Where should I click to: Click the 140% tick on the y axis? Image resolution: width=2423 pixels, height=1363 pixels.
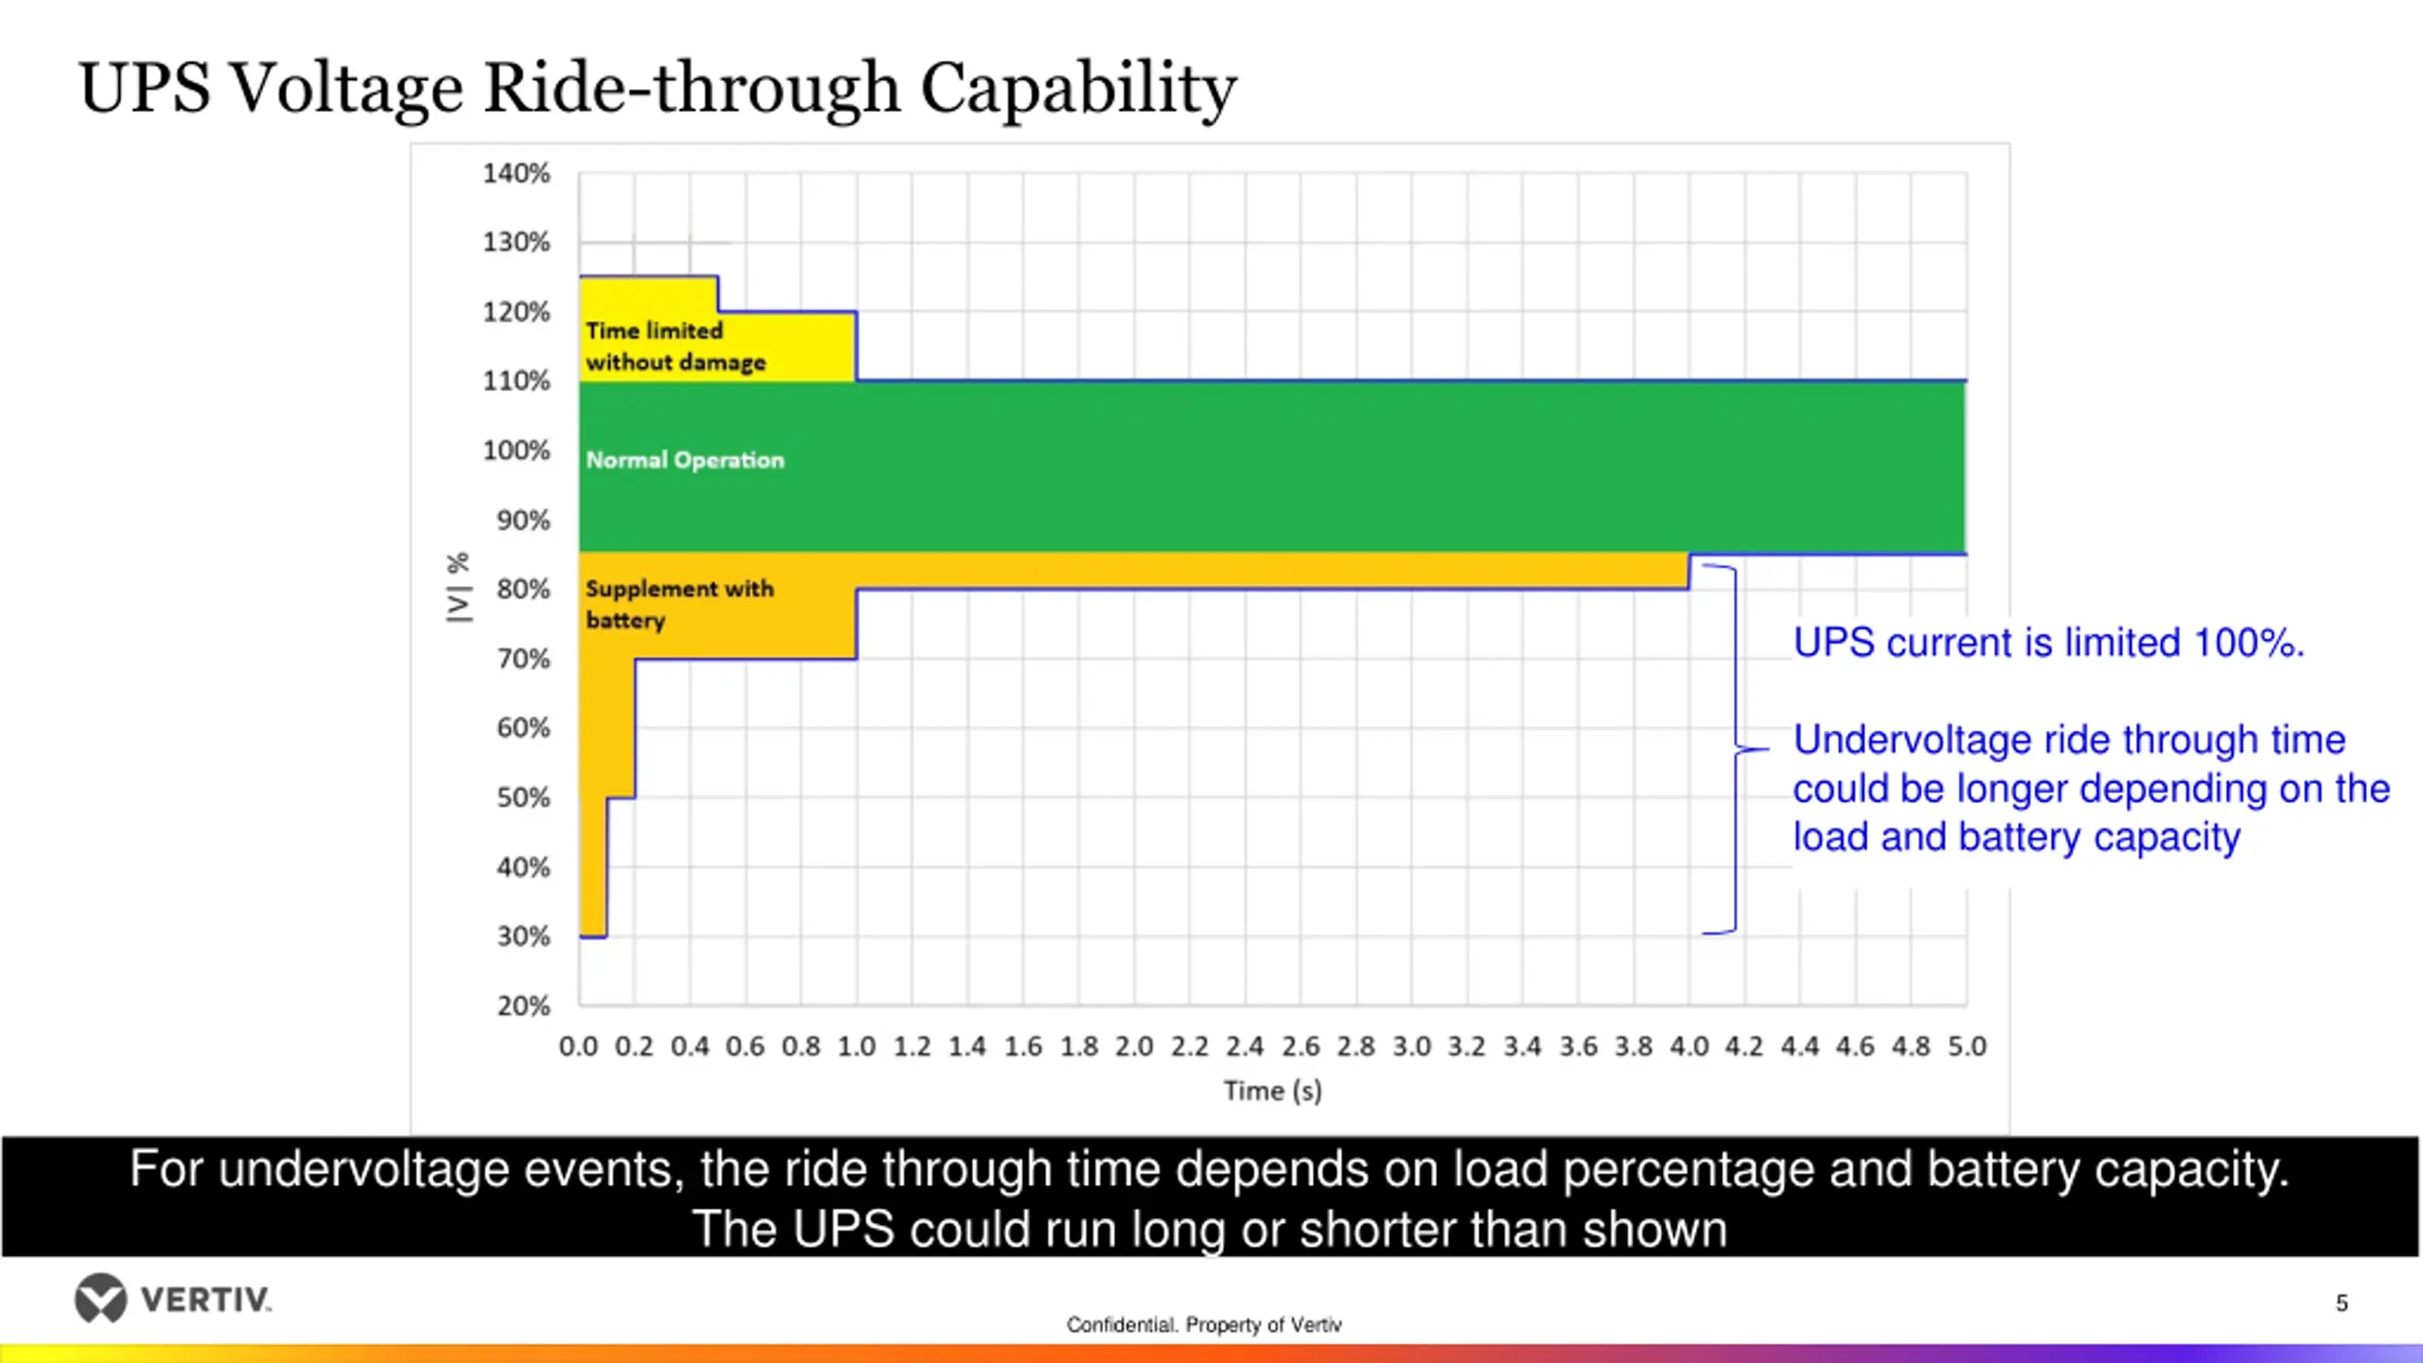coord(516,173)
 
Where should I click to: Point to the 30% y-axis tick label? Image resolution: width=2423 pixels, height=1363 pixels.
coord(522,936)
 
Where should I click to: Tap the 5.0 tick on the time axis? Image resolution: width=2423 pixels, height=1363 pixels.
coord(1966,1046)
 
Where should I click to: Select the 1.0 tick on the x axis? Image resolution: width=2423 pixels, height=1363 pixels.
coord(856,1046)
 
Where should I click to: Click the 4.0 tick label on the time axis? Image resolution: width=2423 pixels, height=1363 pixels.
coord(1689,1046)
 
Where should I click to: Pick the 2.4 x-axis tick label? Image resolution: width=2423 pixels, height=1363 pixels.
coord(1245,1046)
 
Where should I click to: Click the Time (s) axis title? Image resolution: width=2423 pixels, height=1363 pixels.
coord(1272,1090)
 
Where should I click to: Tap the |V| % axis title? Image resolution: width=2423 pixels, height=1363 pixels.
coord(458,587)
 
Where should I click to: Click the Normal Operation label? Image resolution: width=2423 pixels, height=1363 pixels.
coord(685,460)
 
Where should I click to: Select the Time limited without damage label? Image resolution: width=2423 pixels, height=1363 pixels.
coord(675,346)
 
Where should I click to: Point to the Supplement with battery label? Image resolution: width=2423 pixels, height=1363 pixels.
coord(679,604)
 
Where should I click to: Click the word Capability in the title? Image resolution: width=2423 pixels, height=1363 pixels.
coord(1078,88)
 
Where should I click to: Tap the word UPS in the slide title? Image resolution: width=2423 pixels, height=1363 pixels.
coord(144,88)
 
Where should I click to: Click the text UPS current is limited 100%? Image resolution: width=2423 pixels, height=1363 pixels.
coord(2048,643)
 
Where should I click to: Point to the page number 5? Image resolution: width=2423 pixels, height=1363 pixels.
coord(2342,1303)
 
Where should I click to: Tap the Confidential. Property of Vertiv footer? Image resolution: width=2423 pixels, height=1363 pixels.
coord(1204,1324)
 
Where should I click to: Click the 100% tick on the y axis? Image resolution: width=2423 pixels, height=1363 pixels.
coord(516,451)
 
